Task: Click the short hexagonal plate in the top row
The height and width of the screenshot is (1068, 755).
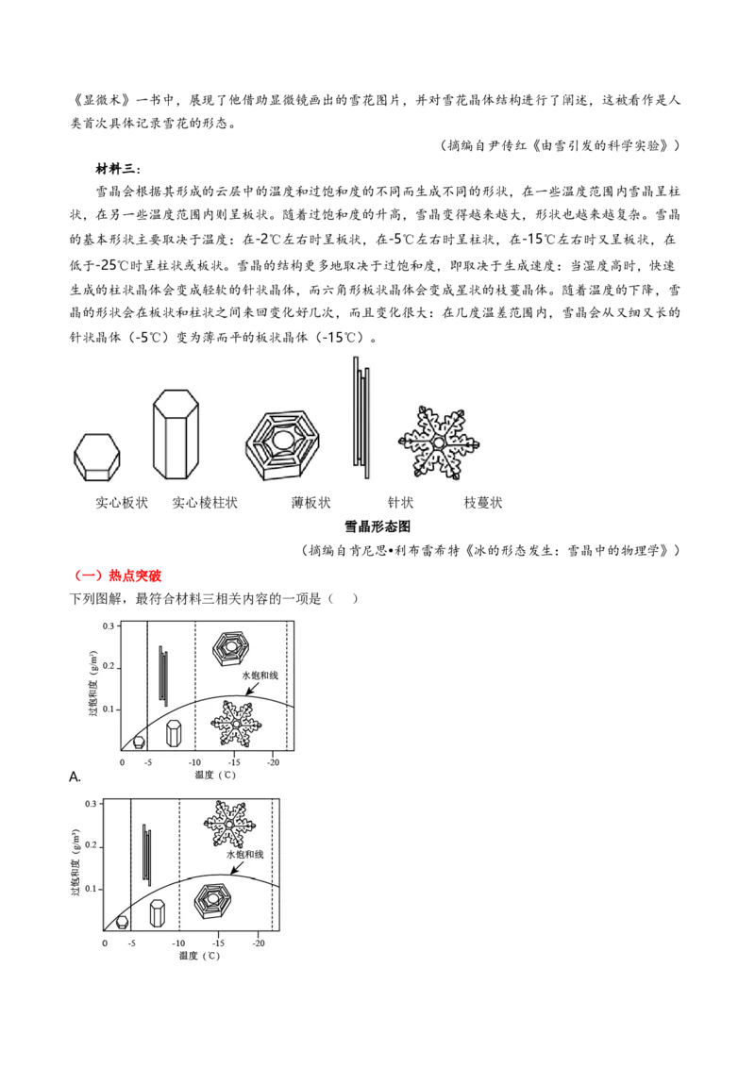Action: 94,457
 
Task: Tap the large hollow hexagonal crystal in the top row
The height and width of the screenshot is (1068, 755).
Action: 282,445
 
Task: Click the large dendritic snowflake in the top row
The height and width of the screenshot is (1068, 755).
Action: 438,443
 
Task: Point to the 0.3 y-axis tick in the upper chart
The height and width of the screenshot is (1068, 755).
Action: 108,626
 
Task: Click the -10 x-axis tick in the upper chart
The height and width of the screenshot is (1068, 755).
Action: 193,762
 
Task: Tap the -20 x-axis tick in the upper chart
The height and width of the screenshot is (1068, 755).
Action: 273,762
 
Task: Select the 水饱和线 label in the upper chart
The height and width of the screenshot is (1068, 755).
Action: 260,676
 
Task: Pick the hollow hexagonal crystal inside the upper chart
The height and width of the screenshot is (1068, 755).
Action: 231,647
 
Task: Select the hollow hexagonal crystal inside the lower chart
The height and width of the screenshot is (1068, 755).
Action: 213,903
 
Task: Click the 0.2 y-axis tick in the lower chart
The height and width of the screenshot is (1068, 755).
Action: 92,846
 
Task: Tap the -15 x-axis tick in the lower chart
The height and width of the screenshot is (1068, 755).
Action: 218,943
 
